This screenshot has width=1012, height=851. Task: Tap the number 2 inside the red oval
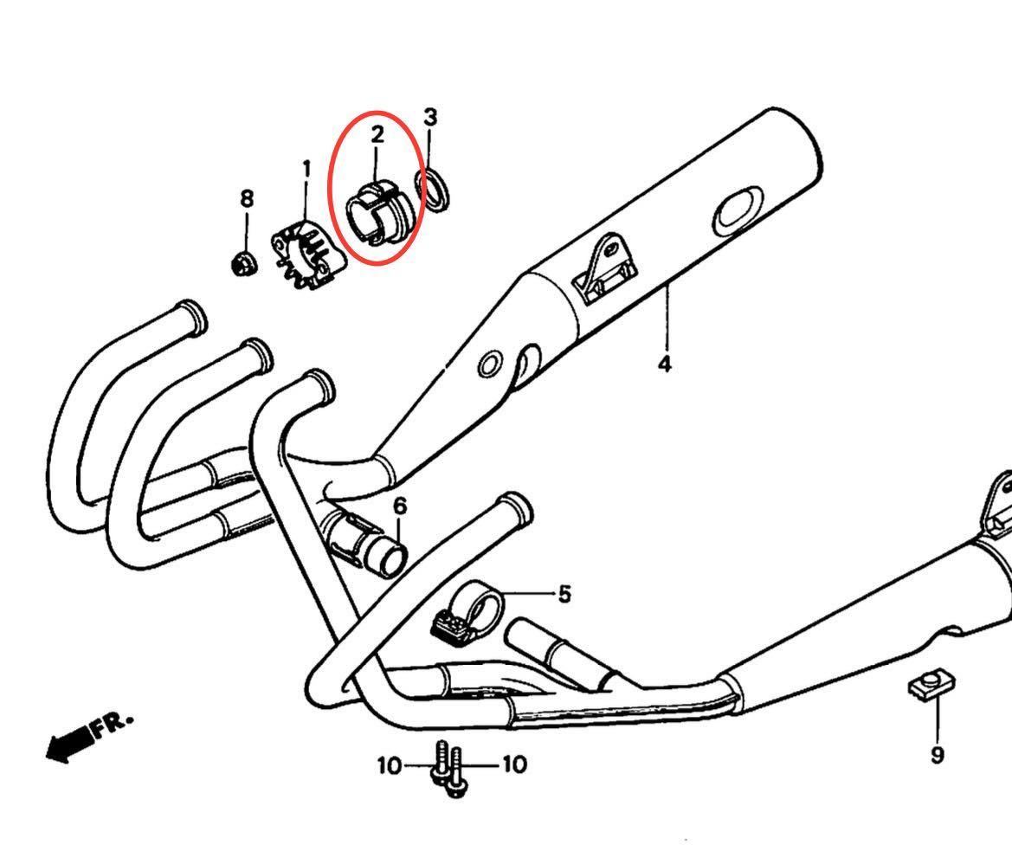(377, 134)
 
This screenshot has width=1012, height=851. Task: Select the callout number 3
(430, 118)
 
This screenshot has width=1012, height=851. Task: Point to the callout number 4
(664, 364)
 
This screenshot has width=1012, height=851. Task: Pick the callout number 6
(400, 506)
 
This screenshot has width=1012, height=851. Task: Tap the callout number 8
(247, 199)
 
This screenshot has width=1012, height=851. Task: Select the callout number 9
(938, 754)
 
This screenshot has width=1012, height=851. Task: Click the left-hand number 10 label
(390, 766)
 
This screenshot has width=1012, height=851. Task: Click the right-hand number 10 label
(514, 764)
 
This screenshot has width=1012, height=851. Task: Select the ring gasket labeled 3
(434, 191)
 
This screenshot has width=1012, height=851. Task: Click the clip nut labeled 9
(931, 687)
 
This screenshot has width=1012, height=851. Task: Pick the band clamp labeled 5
(470, 618)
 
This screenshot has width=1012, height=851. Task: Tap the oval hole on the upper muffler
(738, 208)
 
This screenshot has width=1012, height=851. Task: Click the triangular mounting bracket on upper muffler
(605, 268)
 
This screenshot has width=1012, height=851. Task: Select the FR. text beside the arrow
(113, 725)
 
